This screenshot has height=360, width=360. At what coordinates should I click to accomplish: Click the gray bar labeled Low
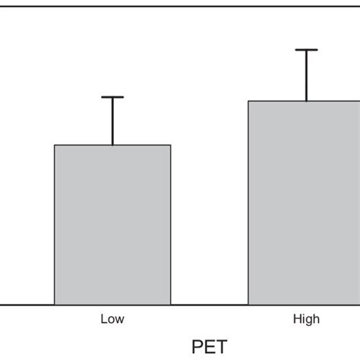112,225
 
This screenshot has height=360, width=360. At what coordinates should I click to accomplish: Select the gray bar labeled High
306,203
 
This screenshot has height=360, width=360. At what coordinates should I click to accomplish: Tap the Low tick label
112,320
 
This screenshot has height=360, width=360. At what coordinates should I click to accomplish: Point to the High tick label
306,320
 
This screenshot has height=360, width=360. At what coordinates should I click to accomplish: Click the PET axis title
209,347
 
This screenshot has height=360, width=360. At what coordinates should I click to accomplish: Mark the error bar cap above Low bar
112,97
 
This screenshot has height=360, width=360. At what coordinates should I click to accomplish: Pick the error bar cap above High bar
306,50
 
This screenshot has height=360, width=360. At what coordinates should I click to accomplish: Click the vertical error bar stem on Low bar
112,122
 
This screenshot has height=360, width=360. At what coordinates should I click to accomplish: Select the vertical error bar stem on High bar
306,76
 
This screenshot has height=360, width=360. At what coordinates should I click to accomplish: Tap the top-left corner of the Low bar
55,145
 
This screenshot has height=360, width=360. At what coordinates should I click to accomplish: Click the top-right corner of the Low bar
171,145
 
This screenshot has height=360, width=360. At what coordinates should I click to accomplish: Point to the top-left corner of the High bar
249,101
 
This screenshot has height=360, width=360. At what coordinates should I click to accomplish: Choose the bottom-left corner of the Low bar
55,305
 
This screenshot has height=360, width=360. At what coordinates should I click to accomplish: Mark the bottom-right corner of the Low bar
171,305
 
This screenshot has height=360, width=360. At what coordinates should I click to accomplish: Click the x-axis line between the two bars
210,305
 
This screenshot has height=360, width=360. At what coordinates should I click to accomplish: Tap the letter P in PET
197,347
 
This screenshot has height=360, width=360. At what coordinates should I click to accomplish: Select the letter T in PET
221,347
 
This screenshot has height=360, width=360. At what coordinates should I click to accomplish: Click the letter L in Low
103,320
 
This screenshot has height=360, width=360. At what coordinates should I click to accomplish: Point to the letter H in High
296,320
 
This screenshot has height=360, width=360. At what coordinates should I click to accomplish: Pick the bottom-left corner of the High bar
249,305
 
